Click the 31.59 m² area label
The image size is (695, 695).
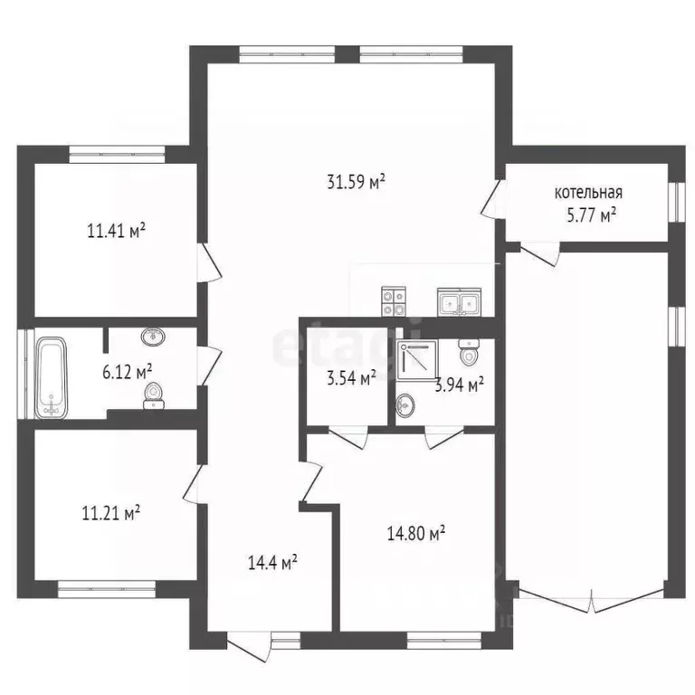(x=356, y=182)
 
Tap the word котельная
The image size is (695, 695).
(x=588, y=193)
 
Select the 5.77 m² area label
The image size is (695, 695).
(x=592, y=216)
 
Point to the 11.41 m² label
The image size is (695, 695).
(x=117, y=231)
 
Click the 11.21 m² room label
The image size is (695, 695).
(x=111, y=513)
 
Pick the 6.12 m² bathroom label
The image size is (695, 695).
(x=128, y=372)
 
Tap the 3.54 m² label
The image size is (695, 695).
(x=351, y=378)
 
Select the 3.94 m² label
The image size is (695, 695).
(x=459, y=386)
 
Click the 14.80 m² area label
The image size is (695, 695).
(x=416, y=533)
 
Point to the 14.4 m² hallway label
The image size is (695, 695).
(x=272, y=564)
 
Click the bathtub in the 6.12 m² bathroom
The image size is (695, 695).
(x=52, y=378)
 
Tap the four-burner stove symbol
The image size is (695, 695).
(x=393, y=302)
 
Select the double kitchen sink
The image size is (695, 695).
(x=459, y=302)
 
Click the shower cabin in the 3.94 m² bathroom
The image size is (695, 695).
(x=416, y=360)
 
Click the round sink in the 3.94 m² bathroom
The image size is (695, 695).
(x=405, y=405)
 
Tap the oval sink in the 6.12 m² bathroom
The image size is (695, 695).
(x=153, y=337)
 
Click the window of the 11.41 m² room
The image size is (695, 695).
(x=117, y=154)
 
